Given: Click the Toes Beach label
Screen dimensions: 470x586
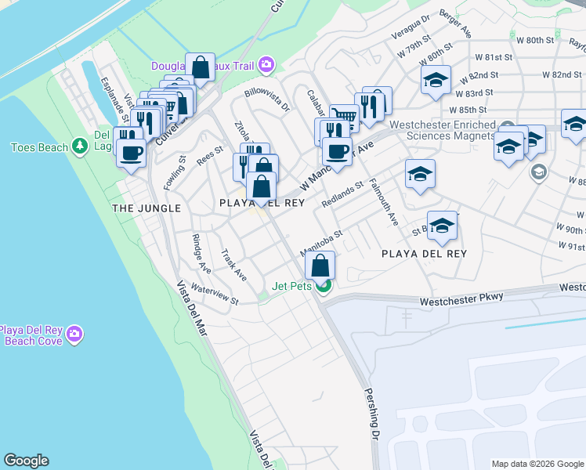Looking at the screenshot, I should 38,147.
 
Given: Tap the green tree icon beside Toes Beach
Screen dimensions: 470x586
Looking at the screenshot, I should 78,146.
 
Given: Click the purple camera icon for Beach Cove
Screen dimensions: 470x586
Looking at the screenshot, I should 74,334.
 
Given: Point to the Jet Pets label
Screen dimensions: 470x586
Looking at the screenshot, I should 292,287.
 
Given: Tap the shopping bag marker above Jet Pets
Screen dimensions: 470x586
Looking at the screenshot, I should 321,266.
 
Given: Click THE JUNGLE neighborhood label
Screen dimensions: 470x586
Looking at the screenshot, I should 146,208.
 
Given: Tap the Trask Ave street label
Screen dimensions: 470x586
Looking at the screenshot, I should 233,266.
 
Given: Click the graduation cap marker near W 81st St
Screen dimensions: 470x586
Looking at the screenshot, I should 436,80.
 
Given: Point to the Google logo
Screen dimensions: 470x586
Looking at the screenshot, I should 26,461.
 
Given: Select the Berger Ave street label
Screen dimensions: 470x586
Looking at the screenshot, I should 455,23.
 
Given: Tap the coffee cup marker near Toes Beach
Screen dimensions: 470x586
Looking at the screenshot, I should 131,152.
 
